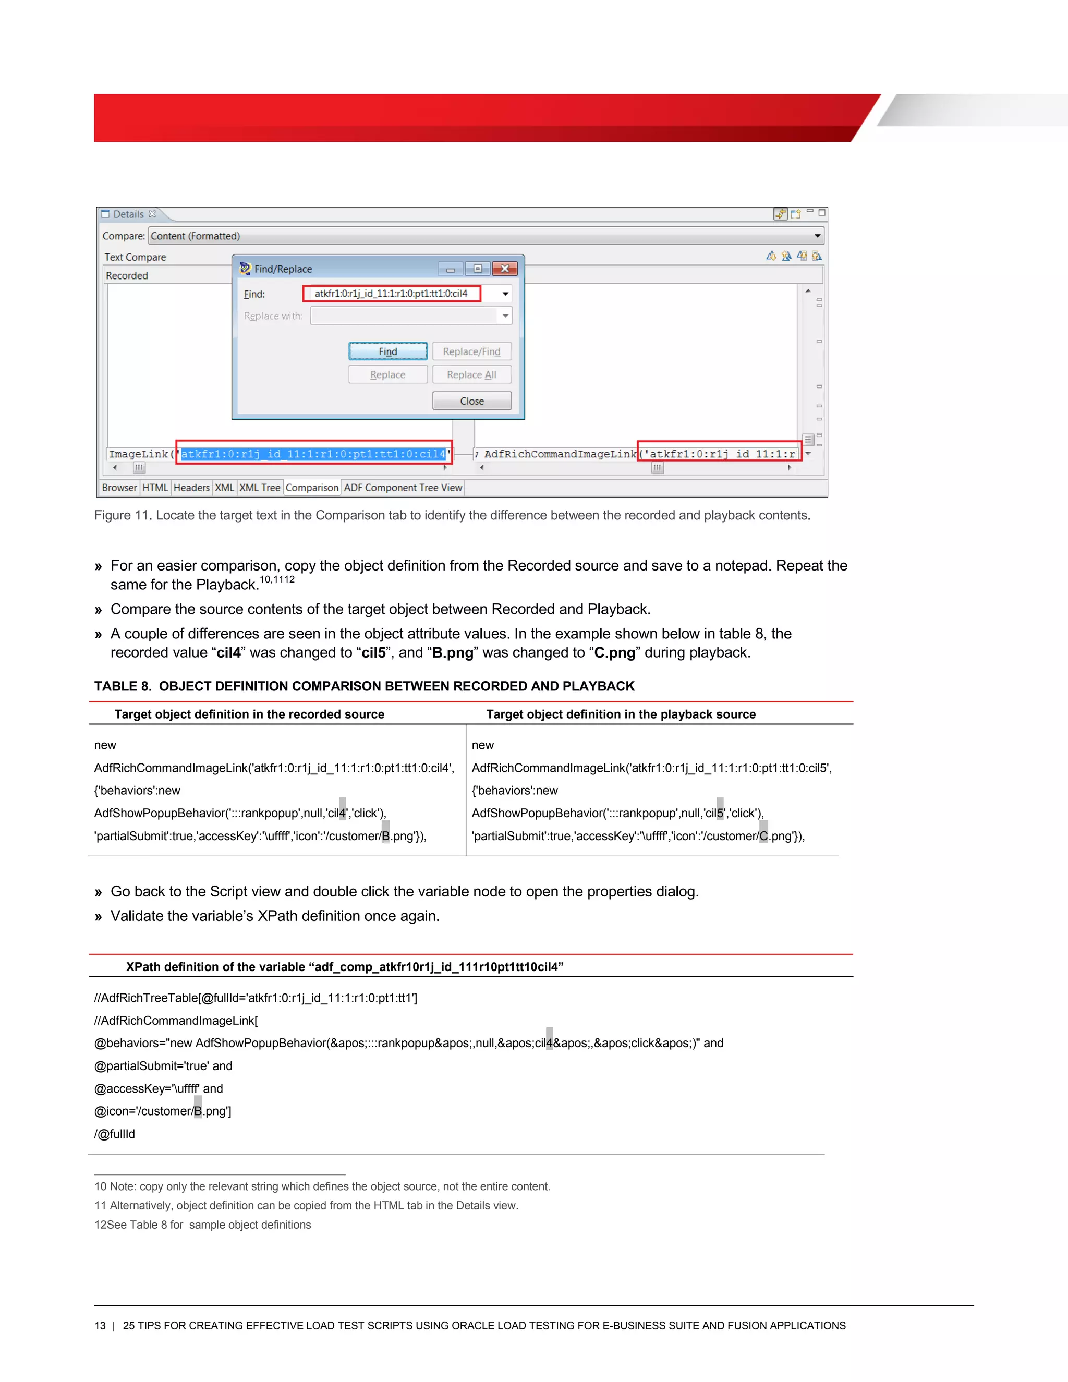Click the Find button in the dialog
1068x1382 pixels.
[388, 351]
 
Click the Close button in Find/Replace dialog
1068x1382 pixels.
[471, 401]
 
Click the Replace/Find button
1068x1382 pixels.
[471, 351]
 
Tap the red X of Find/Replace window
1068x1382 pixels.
[505, 269]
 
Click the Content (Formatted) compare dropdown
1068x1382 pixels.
[486, 236]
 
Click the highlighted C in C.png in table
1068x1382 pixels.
[763, 836]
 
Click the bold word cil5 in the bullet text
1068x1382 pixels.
[373, 653]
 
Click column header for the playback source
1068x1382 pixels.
[620, 714]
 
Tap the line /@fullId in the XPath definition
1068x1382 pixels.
[115, 1134]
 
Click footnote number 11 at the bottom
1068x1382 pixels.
[100, 1205]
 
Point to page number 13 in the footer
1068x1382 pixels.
[100, 1326]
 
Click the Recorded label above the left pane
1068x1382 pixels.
[127, 276]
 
